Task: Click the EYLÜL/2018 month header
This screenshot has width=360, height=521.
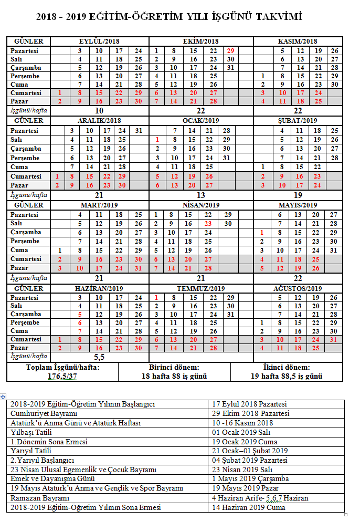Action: [100, 41]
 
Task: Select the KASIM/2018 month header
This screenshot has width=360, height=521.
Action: [299, 41]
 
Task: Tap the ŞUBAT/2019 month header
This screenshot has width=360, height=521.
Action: [298, 121]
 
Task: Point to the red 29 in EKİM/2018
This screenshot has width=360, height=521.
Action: [230, 50]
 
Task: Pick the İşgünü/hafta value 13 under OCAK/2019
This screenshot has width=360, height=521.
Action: [201, 195]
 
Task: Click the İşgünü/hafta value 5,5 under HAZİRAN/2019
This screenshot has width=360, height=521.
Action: [99, 356]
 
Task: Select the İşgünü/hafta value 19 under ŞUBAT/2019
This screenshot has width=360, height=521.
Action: [298, 195]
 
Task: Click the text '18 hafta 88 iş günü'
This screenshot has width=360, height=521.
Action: [174, 376]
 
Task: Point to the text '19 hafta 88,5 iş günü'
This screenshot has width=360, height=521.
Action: [287, 376]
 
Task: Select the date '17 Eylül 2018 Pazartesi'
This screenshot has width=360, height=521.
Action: [249, 404]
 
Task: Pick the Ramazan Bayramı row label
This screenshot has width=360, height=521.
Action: [40, 497]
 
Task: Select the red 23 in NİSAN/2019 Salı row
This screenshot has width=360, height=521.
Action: [209, 223]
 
